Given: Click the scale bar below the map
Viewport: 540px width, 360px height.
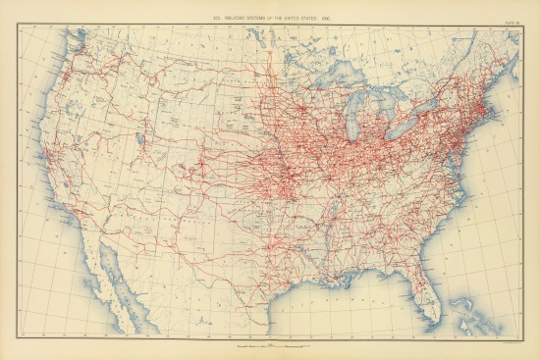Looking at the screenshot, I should (271, 346).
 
